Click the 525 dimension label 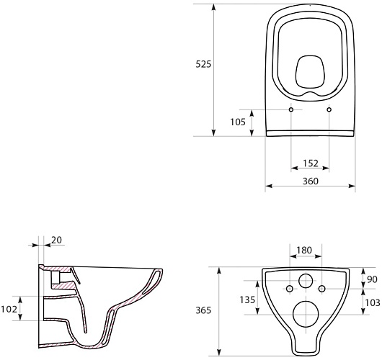tap(203, 64)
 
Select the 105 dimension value tap(238, 122)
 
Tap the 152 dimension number tap(311, 163)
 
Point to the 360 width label tap(311, 181)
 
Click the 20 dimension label tap(56, 240)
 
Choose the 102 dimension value tap(9, 309)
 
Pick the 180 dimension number tap(304, 250)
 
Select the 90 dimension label tap(372, 279)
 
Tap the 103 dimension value tap(373, 303)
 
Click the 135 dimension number tap(247, 300)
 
